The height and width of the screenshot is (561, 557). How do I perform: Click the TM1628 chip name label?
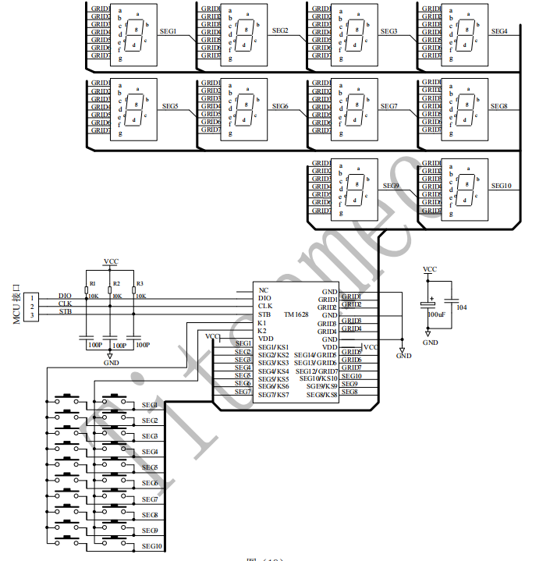click(x=297, y=314)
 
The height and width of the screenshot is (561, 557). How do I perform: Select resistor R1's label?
click(x=92, y=283)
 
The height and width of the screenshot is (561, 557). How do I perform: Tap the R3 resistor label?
click(x=139, y=283)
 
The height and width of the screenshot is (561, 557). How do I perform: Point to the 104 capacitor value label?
click(x=461, y=307)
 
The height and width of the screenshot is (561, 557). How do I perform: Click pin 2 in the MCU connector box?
click(x=32, y=307)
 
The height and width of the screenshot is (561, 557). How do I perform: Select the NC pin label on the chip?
click(x=264, y=289)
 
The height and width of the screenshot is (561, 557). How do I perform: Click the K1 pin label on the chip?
click(x=262, y=322)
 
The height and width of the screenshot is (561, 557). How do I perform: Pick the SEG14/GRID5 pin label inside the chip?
click(x=316, y=355)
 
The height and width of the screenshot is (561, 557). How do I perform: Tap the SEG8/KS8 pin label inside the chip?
click(x=321, y=395)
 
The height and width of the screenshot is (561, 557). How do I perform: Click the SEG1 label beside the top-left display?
click(x=169, y=31)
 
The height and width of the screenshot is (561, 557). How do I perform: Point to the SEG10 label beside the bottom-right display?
click(x=501, y=186)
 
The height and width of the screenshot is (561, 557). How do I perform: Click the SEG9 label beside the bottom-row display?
click(x=391, y=186)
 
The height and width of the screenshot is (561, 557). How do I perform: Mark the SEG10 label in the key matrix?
click(x=151, y=546)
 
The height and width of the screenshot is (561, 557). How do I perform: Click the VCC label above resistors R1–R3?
click(x=111, y=262)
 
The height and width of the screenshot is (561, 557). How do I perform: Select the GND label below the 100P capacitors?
click(x=111, y=363)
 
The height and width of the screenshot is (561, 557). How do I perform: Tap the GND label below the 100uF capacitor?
click(x=430, y=342)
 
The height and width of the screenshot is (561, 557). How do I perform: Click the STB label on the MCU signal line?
click(x=66, y=311)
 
